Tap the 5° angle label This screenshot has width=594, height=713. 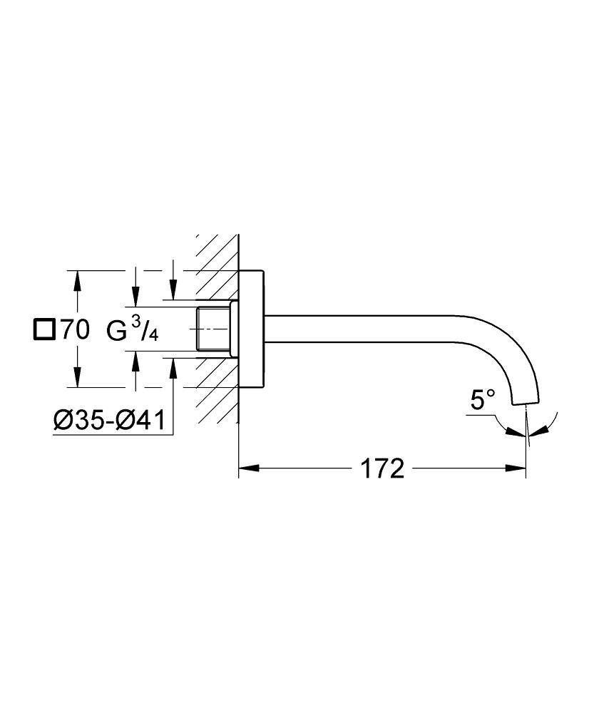[x=481, y=401]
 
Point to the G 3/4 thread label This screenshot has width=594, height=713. [x=132, y=330]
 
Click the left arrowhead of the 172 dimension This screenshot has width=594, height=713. [x=246, y=469]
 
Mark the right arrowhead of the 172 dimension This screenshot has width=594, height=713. [x=518, y=469]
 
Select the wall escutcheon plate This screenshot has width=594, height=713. [x=252, y=329]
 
